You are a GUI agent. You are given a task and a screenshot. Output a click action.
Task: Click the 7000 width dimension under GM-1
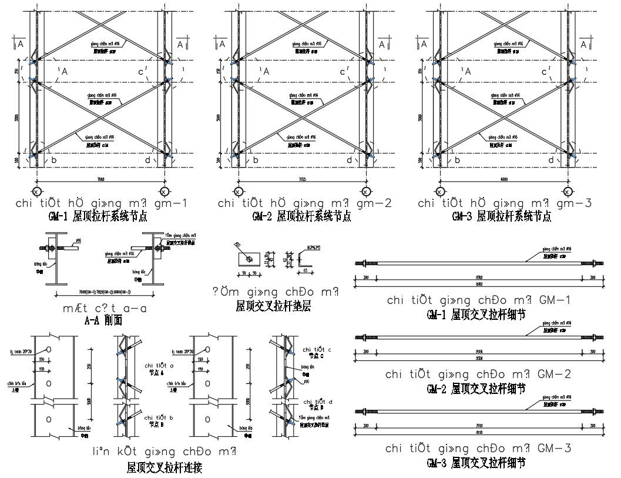[100, 178]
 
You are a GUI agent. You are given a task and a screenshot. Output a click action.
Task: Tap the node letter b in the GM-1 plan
[55, 160]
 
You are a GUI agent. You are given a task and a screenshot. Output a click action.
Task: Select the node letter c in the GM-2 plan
[344, 72]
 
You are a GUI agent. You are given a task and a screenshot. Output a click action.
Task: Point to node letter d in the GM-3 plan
[550, 160]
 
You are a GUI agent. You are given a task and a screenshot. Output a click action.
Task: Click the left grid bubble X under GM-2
[238, 192]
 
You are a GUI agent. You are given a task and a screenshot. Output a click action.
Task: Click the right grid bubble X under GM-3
[568, 192]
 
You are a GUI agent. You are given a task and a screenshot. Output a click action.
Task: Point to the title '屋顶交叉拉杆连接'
[165, 468]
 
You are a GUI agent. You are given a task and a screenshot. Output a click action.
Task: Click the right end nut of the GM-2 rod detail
[592, 338]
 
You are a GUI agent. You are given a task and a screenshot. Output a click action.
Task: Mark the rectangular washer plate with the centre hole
[249, 258]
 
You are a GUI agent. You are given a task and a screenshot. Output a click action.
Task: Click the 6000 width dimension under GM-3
[503, 178]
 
